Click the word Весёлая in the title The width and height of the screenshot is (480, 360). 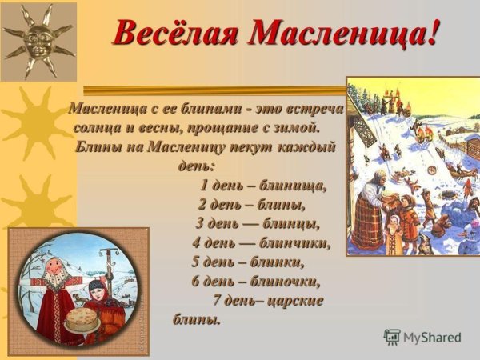pyautogui.click(x=175, y=32)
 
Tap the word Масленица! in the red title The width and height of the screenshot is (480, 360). pyautogui.click(x=343, y=32)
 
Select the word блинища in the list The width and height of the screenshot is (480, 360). pyautogui.click(x=297, y=186)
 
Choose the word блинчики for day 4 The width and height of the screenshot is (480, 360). pyautogui.click(x=295, y=242)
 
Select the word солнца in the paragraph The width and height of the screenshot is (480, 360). pyautogui.click(x=100, y=128)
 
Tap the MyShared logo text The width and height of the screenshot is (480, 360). pyautogui.click(x=432, y=337)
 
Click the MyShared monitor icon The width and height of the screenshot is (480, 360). pyautogui.click(x=392, y=337)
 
